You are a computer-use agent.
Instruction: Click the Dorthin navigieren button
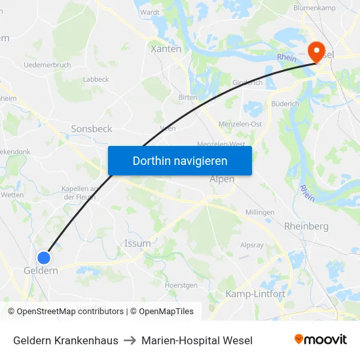(179, 160)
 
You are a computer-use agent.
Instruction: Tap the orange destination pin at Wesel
(315, 50)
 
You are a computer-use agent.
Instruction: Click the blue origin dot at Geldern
(44, 258)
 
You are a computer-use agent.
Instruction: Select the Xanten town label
(166, 49)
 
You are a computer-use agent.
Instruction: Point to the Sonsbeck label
(91, 129)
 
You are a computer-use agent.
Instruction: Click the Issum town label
(137, 243)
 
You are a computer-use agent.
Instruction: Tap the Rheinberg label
(306, 226)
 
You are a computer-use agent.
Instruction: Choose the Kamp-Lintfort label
(255, 294)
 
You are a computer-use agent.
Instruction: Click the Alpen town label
(222, 179)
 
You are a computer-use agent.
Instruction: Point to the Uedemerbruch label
(46, 65)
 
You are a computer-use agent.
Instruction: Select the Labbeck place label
(96, 79)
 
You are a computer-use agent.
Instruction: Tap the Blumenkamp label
(314, 7)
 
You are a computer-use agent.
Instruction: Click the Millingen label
(259, 213)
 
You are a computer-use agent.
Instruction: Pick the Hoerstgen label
(181, 285)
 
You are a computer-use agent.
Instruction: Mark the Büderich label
(285, 103)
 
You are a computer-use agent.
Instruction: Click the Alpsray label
(251, 245)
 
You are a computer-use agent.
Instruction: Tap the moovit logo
(320, 339)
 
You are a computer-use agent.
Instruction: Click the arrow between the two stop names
(130, 340)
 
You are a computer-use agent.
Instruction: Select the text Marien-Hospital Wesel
(196, 340)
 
